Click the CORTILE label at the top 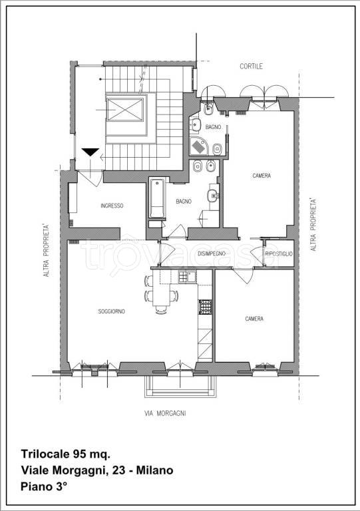pos(251,66)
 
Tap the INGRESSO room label pos(112,206)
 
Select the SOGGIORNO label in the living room pos(111,311)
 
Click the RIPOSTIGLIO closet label pos(279,254)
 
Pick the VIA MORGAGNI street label pos(165,414)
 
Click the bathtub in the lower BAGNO pos(157,198)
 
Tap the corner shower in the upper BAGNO pos(198,146)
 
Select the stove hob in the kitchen pos(205,307)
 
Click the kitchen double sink pos(187,277)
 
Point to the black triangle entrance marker pos(90,152)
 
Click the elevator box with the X pos(125,110)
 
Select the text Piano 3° pos(45,487)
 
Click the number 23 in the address pos(119,470)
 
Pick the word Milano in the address pos(155,470)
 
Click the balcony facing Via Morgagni pos(180,387)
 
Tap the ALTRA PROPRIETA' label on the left pos(47,250)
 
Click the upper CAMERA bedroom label pos(262,176)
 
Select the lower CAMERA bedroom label pos(254,319)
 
